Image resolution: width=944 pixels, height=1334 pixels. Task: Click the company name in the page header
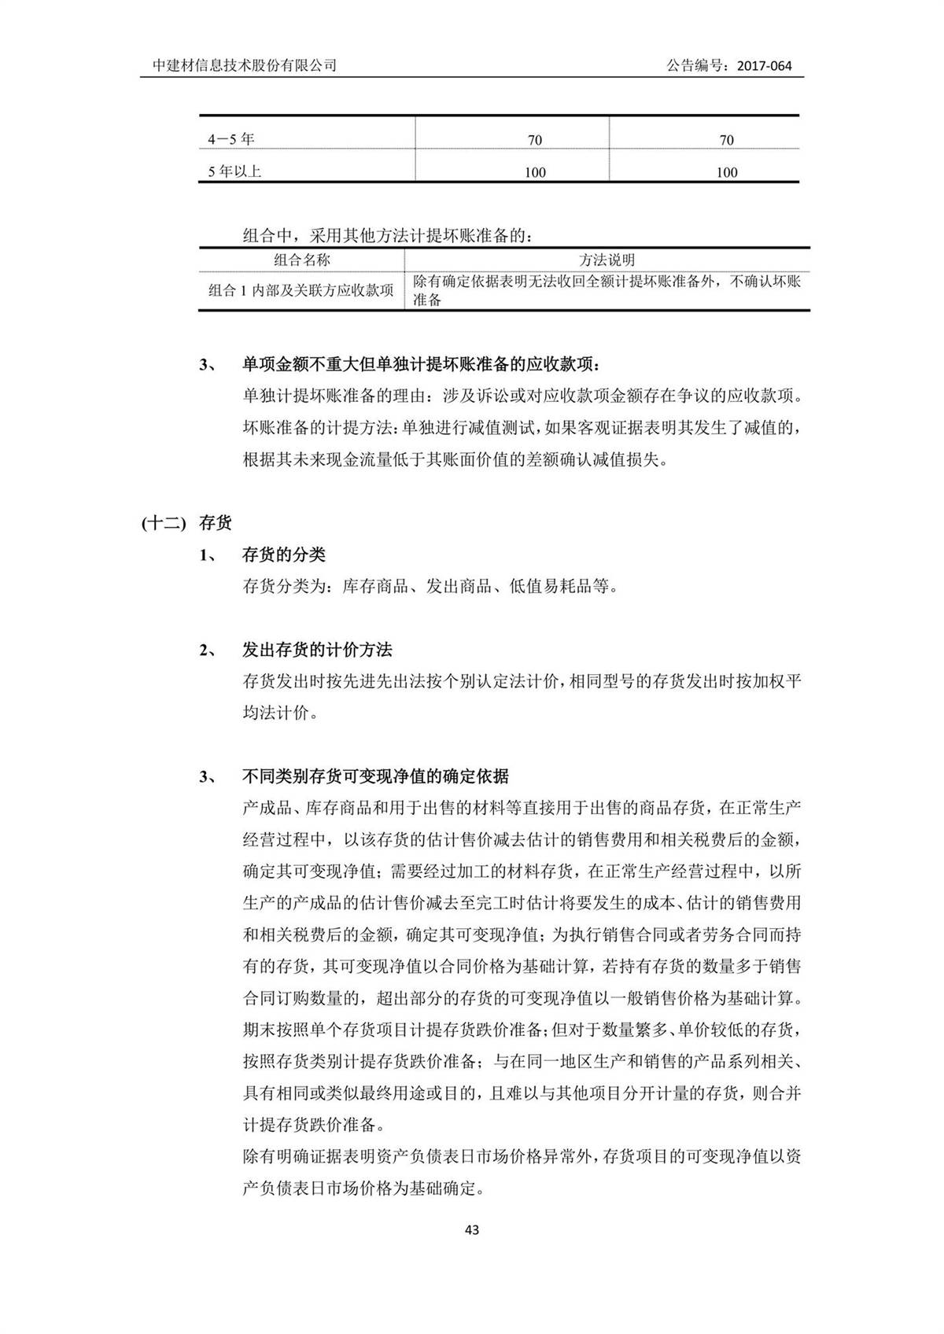244,65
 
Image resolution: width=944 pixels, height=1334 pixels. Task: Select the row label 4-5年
231,139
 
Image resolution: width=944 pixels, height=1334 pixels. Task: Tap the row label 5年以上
234,171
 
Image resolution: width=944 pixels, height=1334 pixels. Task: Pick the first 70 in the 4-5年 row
535,140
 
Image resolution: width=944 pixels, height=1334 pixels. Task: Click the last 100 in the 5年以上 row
726,172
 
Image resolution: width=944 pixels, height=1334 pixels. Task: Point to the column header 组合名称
302,260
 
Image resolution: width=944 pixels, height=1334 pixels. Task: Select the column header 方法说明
607,260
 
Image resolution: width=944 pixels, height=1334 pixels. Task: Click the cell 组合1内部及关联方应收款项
301,290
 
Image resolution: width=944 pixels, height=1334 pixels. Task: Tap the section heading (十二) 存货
187,522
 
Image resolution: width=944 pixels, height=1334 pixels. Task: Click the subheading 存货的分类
283,555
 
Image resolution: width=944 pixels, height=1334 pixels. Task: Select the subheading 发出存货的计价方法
317,650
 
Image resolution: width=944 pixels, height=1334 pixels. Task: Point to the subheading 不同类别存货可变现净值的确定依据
375,776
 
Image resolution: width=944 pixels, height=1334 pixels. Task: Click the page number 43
472,1229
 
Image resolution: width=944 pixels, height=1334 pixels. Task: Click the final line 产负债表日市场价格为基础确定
363,1188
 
